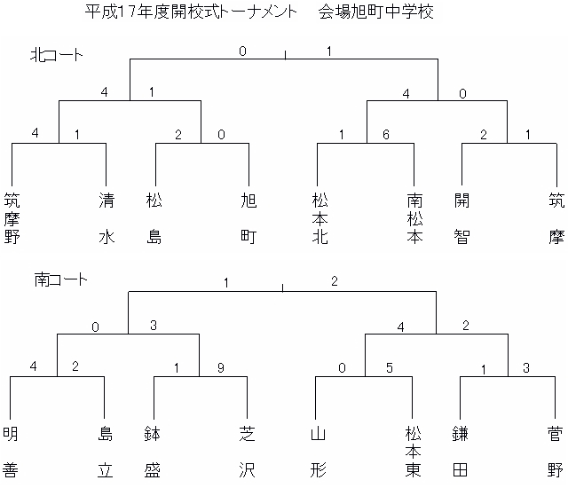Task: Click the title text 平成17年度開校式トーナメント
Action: (x=191, y=12)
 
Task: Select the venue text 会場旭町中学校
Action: (x=376, y=12)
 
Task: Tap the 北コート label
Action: (x=57, y=55)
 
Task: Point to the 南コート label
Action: (x=61, y=279)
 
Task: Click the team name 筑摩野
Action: (x=12, y=218)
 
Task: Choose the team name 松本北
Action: (x=320, y=218)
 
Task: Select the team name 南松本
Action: (x=414, y=218)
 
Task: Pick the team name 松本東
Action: (x=413, y=452)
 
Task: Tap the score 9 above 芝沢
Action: (x=221, y=368)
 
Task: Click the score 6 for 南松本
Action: (x=386, y=135)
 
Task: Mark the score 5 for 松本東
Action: (x=389, y=368)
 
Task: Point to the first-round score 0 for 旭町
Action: (x=221, y=135)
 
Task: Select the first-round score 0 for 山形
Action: (x=342, y=368)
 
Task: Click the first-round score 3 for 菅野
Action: (x=526, y=368)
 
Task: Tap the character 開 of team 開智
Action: (x=461, y=201)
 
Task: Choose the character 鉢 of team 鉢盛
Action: (x=152, y=434)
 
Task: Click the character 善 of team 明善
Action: (x=11, y=470)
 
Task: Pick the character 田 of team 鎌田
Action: (x=460, y=470)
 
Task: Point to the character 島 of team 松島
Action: (x=154, y=237)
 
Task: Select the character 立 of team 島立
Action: (x=105, y=470)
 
